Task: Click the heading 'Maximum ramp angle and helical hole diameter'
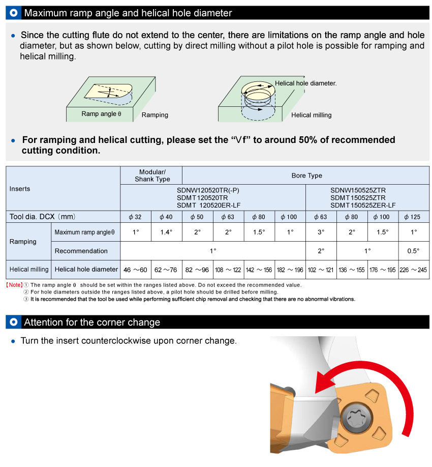128,13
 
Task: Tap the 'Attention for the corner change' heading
92,322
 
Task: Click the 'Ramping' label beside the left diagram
155,115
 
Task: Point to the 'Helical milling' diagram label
311,115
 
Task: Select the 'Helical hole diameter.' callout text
306,83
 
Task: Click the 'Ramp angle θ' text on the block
101,114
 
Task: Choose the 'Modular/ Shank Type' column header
152,176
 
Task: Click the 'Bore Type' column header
306,176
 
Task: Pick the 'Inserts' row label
20,189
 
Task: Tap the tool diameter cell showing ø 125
414,217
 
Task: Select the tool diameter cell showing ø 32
135,217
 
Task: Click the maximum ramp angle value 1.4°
166,232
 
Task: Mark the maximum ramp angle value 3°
321,232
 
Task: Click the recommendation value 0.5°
414,251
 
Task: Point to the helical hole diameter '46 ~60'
135,270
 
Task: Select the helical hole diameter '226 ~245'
414,270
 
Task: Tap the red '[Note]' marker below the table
14,285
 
